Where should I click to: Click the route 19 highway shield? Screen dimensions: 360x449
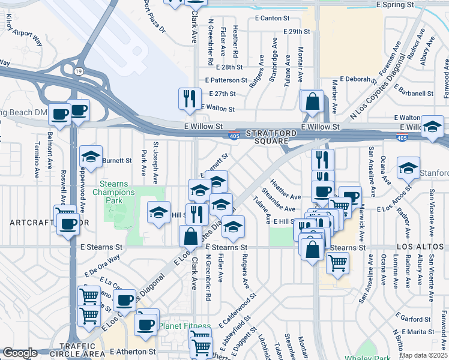click(78, 71)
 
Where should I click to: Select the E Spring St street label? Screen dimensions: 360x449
click(395, 4)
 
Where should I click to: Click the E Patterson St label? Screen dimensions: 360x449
click(226, 80)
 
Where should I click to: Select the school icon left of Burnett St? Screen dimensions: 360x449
click(91, 157)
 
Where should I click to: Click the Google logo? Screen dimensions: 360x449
click(20, 353)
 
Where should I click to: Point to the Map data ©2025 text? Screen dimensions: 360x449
click(423, 355)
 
